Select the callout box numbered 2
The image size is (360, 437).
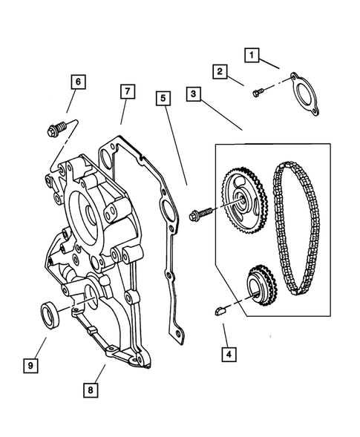point(219,72)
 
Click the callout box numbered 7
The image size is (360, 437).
point(127,91)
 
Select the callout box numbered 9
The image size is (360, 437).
point(31,365)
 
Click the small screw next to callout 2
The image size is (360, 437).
point(258,93)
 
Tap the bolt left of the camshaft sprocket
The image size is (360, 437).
point(201,215)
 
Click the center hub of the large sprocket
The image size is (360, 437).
point(239,199)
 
